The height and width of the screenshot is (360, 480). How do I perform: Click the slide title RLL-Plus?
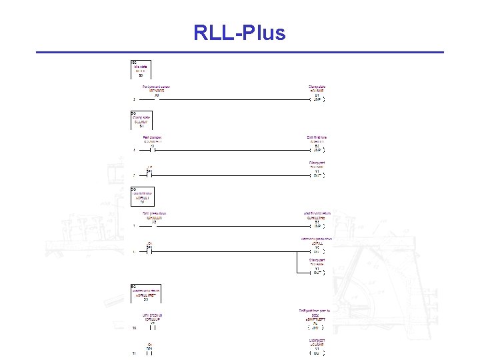(x=239, y=32)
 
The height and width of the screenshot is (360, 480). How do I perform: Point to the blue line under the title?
(x=239, y=52)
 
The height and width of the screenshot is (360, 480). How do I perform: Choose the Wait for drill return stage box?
(x=146, y=293)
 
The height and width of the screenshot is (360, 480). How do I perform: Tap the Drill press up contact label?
(x=153, y=315)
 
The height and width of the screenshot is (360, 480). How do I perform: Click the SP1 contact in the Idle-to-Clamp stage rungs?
(x=150, y=175)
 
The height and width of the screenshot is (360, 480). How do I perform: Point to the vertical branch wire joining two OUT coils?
(x=296, y=263)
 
